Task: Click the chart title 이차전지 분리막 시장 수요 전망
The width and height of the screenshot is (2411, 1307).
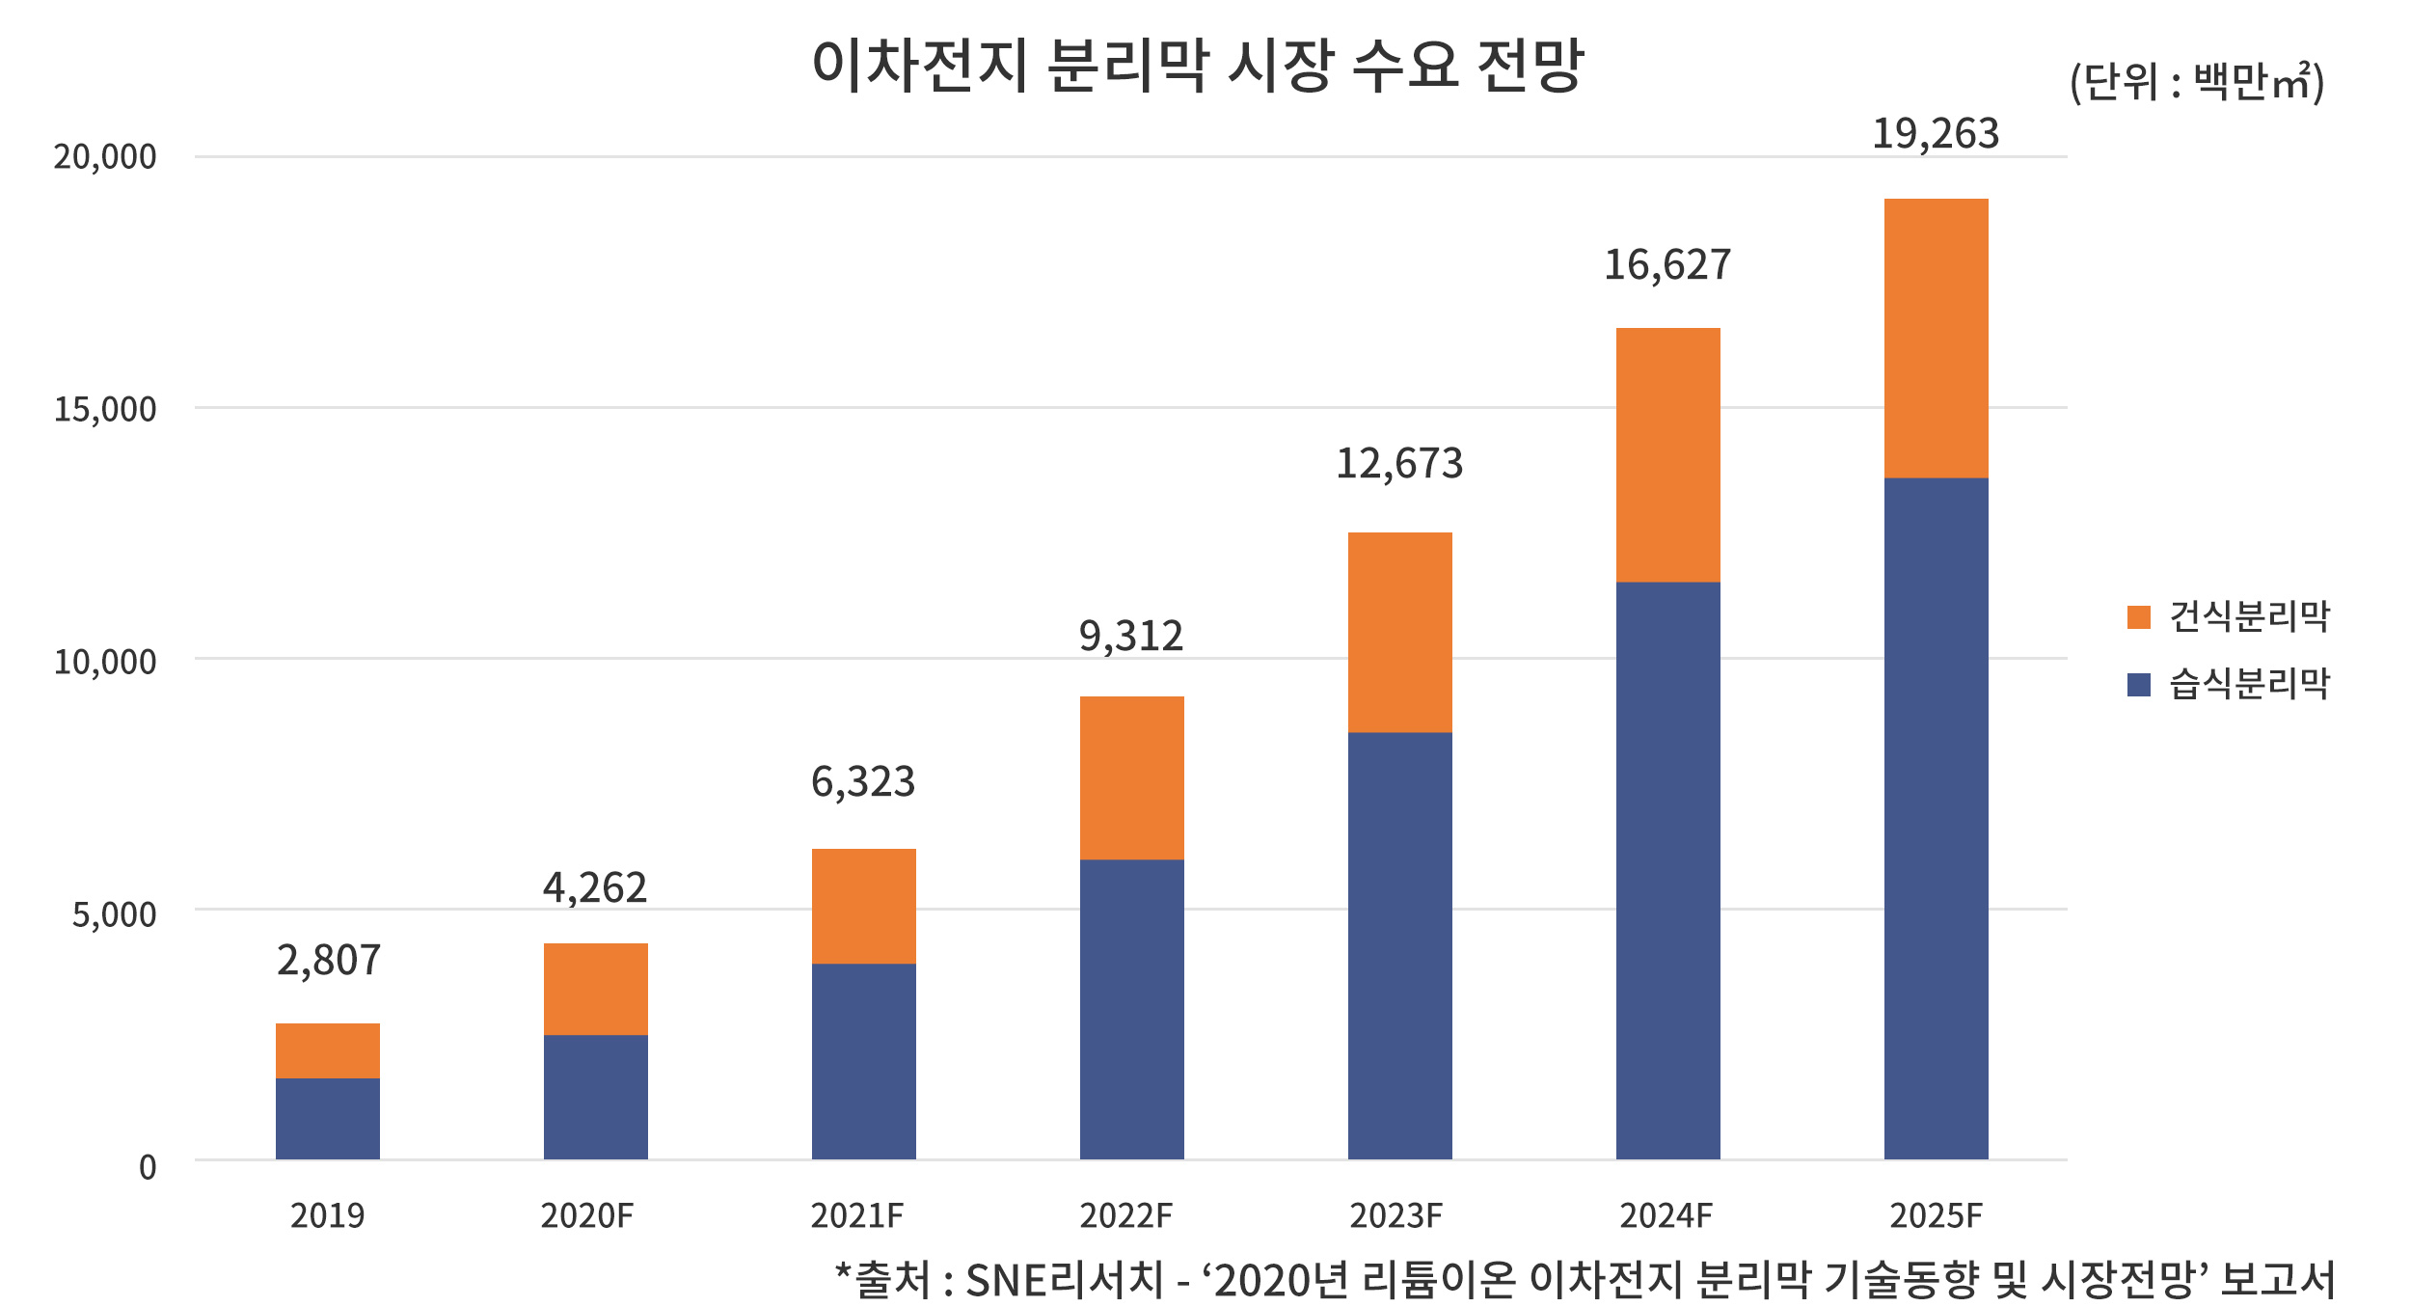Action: pos(1198,66)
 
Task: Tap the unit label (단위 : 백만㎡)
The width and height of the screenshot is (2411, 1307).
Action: pos(2196,82)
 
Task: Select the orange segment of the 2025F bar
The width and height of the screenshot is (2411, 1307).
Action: pos(1936,338)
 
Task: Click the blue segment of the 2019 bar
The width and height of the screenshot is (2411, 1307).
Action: pos(328,1119)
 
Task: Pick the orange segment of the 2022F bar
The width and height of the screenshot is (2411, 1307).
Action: pos(1131,777)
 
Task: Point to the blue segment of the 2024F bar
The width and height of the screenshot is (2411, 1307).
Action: pos(1667,870)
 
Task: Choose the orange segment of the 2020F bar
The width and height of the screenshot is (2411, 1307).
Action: pos(595,989)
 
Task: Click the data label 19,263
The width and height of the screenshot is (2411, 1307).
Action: pos(1936,134)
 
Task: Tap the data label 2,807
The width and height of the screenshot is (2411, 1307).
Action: pos(329,961)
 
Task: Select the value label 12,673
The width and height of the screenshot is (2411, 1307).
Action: pos(1399,464)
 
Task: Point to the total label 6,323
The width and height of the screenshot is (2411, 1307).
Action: pos(863,781)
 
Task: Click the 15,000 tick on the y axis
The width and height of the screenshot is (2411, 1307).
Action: pos(104,409)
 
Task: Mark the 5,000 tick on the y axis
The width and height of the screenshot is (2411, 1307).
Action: pos(114,914)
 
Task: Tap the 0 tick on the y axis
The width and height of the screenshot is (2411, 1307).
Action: pos(148,1167)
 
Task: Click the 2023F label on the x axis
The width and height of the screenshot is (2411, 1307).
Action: pos(1395,1216)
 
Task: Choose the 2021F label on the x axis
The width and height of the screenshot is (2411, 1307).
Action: pos(856,1216)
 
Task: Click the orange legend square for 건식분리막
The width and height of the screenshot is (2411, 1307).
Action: pos(2138,617)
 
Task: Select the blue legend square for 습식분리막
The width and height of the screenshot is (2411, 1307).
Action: pos(2138,685)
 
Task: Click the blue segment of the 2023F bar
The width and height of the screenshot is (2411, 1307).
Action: pos(1399,945)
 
